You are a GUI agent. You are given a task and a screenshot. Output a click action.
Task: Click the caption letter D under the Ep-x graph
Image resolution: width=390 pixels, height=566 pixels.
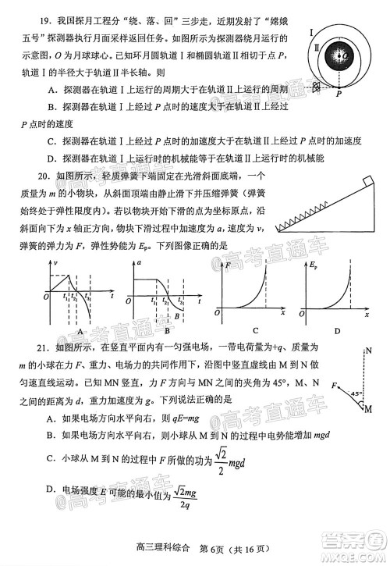pyautogui.click(x=337, y=330)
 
